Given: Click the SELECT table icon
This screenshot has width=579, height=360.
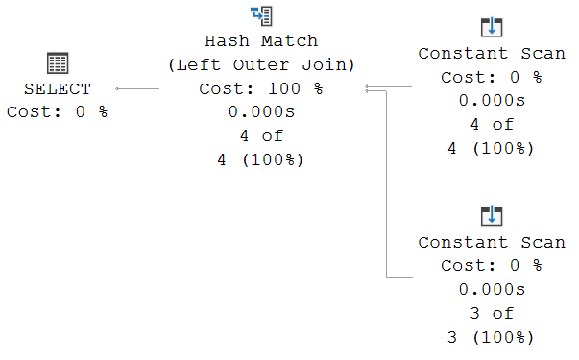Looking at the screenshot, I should click(x=58, y=64).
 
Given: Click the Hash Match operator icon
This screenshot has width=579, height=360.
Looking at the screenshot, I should click(x=261, y=16).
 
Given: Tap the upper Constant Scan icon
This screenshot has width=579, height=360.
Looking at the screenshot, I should click(x=492, y=27).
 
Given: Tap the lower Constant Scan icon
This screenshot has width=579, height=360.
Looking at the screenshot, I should click(x=492, y=215).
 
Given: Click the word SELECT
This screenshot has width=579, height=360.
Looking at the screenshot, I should click(x=58, y=89).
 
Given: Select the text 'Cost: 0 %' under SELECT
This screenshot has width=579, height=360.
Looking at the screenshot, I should click(x=58, y=111).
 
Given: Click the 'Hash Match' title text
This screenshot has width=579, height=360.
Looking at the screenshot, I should click(x=261, y=41).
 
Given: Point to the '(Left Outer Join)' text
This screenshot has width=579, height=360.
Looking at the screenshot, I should click(x=261, y=65).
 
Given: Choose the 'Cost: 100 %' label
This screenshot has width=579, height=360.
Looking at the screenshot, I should click(x=261, y=88).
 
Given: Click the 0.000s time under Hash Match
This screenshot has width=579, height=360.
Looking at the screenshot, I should click(x=261, y=112).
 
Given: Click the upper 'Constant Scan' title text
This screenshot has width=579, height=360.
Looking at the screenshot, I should click(x=492, y=54).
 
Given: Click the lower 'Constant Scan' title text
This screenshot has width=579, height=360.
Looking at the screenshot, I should click(x=492, y=242).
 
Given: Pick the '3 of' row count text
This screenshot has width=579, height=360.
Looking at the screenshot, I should click(x=492, y=313).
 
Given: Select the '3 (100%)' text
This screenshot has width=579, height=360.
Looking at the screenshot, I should click(x=492, y=337).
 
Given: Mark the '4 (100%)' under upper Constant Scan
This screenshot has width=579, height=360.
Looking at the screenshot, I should click(x=492, y=148).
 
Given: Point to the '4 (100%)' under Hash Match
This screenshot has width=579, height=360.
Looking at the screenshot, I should click(x=261, y=159).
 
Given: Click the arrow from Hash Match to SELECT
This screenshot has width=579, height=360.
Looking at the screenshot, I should click(x=136, y=88).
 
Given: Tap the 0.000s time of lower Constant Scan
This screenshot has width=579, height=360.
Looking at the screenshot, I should click(x=492, y=289).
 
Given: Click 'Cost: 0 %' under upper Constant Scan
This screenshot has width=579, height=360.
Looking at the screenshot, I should click(x=492, y=77).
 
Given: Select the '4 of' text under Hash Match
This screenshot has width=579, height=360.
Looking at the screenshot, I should click(x=261, y=135).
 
